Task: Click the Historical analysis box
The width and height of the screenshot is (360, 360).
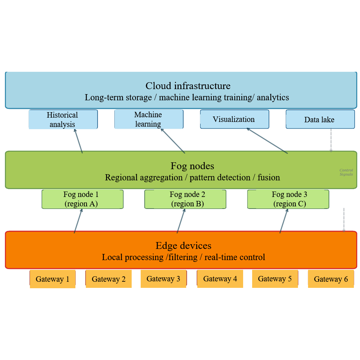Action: click(x=63, y=119)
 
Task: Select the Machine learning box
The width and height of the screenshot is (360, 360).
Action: click(x=148, y=119)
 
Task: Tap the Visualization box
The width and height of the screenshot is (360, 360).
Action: click(x=234, y=119)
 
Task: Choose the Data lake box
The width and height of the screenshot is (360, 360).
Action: click(x=320, y=119)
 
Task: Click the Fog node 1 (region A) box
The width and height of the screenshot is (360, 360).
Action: click(x=82, y=199)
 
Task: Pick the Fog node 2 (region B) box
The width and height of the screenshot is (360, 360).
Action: click(x=185, y=199)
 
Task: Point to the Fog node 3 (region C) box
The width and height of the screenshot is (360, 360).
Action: click(x=288, y=199)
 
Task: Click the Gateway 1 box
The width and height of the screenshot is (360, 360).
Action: click(x=52, y=279)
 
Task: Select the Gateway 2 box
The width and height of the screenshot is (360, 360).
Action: click(x=108, y=279)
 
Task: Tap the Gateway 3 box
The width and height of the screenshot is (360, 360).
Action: click(x=163, y=279)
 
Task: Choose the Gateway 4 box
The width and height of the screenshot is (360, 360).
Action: click(x=220, y=279)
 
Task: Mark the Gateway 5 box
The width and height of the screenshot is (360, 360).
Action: click(x=275, y=279)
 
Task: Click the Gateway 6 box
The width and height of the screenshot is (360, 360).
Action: click(x=331, y=279)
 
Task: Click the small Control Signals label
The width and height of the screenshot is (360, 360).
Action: click(x=346, y=172)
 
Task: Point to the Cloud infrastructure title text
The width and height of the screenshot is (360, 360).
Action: click(x=188, y=86)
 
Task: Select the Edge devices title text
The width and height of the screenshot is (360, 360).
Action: click(x=183, y=246)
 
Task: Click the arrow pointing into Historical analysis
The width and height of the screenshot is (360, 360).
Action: click(x=79, y=141)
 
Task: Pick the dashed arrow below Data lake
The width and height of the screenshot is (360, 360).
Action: click(x=331, y=140)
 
